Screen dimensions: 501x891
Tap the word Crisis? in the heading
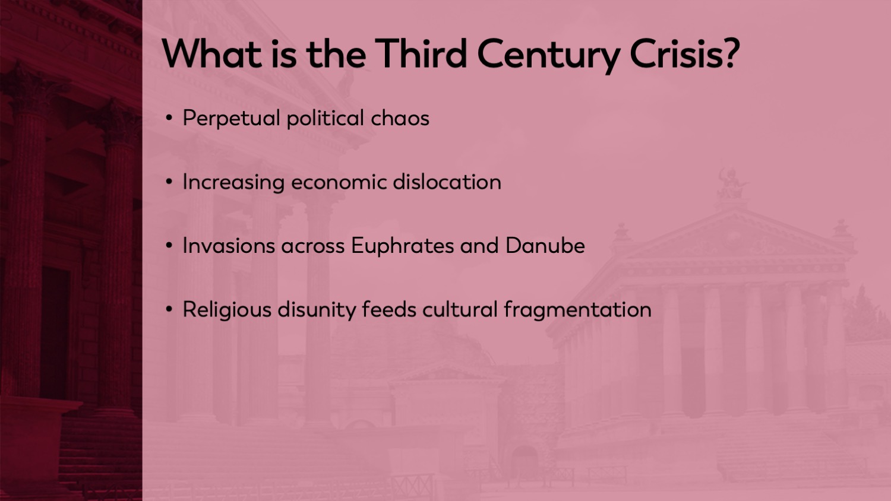click(x=684, y=54)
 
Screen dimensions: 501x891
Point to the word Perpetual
click(x=231, y=119)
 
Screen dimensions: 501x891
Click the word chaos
click(x=400, y=118)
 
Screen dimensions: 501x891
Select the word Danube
click(x=545, y=246)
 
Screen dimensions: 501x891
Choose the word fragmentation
click(x=577, y=310)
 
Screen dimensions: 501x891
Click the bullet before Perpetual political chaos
click(x=169, y=118)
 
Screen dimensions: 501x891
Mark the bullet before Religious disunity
click(x=169, y=309)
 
